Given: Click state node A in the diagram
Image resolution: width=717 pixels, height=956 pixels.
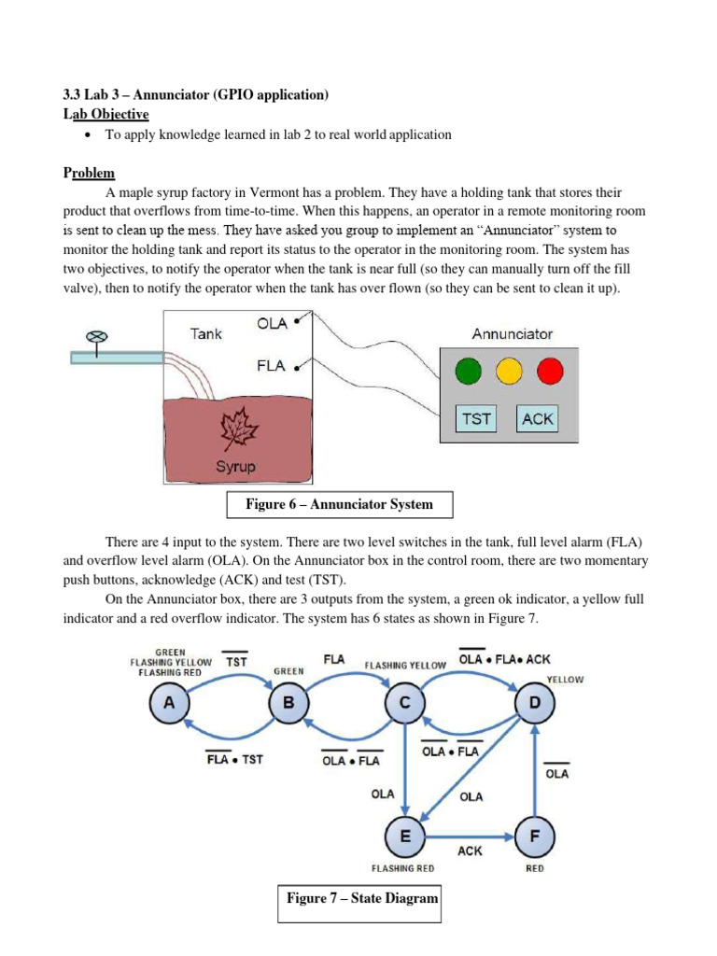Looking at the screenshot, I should point(170,706).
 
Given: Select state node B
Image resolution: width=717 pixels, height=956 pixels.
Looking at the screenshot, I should point(287,706).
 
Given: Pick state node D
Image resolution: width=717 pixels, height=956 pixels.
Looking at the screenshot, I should point(534,706).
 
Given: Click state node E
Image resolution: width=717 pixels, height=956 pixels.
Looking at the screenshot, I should point(404,837).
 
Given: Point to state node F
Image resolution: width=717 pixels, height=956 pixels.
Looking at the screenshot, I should point(534,837).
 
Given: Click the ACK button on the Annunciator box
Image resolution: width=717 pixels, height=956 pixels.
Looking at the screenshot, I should point(537,418).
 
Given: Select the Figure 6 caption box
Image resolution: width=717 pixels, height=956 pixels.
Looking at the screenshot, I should point(339,505).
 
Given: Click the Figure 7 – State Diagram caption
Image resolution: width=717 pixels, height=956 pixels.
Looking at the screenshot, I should point(361,899).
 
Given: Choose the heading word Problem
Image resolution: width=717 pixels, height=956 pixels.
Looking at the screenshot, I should point(89,173).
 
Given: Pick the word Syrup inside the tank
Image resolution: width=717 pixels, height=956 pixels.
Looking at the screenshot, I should point(235,466).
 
